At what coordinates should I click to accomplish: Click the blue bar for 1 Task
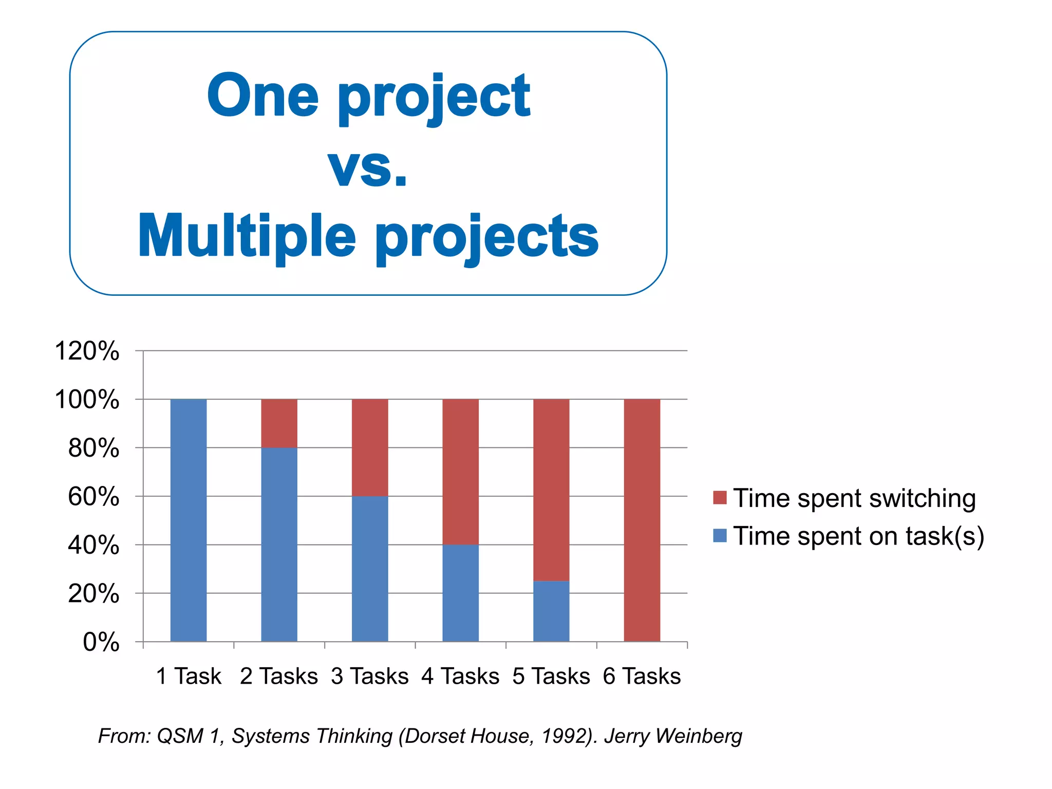[189, 520]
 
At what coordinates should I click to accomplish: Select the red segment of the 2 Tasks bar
[279, 423]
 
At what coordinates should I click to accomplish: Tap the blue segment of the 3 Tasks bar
[370, 568]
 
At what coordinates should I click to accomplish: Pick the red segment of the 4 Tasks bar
[461, 472]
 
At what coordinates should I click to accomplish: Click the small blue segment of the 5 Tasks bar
[551, 611]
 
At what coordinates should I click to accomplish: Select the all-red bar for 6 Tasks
[642, 520]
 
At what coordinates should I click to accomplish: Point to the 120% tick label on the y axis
[87, 351]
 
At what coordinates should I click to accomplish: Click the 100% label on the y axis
[87, 400]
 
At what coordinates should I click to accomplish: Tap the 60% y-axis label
[93, 497]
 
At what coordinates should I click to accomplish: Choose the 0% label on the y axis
[101, 642]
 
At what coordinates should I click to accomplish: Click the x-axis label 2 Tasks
[279, 676]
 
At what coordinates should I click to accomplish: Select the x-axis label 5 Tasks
[551, 676]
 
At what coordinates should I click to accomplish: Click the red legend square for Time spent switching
[720, 497]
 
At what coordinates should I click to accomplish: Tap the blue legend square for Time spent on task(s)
[720, 535]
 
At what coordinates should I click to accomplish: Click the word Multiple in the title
[247, 236]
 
